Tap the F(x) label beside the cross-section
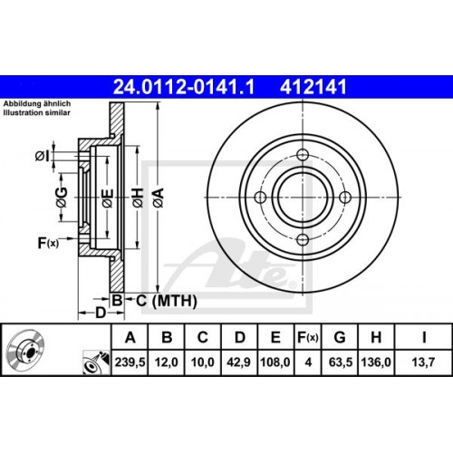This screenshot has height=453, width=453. point(48,242)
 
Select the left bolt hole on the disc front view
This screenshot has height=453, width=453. point(259,198)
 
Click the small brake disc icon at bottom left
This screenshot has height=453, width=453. point(28,352)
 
